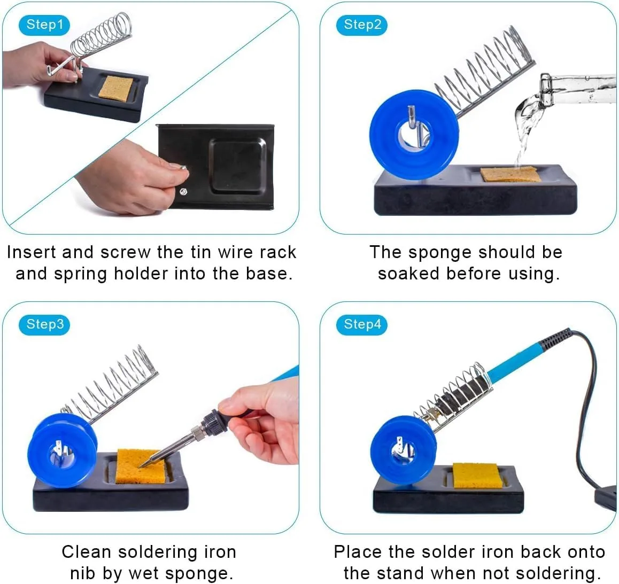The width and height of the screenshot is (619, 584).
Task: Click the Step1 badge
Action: pyautogui.click(x=44, y=25)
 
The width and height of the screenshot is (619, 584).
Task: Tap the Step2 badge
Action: pyautogui.click(x=361, y=25)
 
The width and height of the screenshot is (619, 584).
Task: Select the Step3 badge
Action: pyautogui.click(x=44, y=325)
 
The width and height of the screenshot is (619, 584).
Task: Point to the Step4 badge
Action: pyautogui.click(x=361, y=325)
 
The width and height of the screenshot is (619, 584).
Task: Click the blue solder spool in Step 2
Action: pyautogui.click(x=414, y=135)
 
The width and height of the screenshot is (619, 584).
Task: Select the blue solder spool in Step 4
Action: pyautogui.click(x=403, y=450)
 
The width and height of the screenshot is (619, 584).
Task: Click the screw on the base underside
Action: pyautogui.click(x=183, y=192)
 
